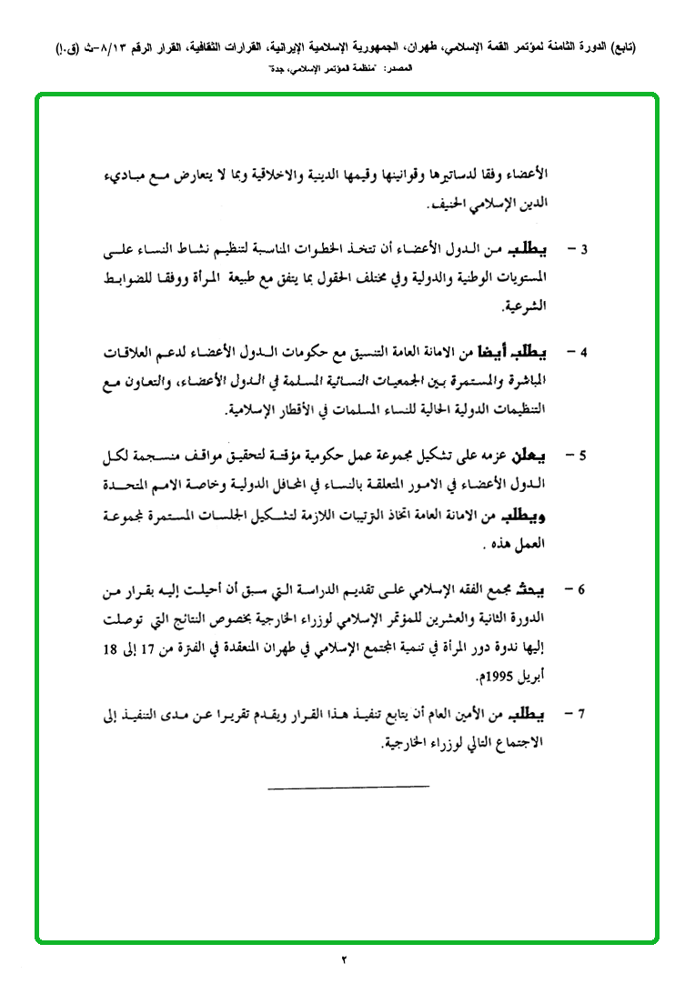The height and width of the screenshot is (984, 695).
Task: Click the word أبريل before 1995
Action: click(530, 679)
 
